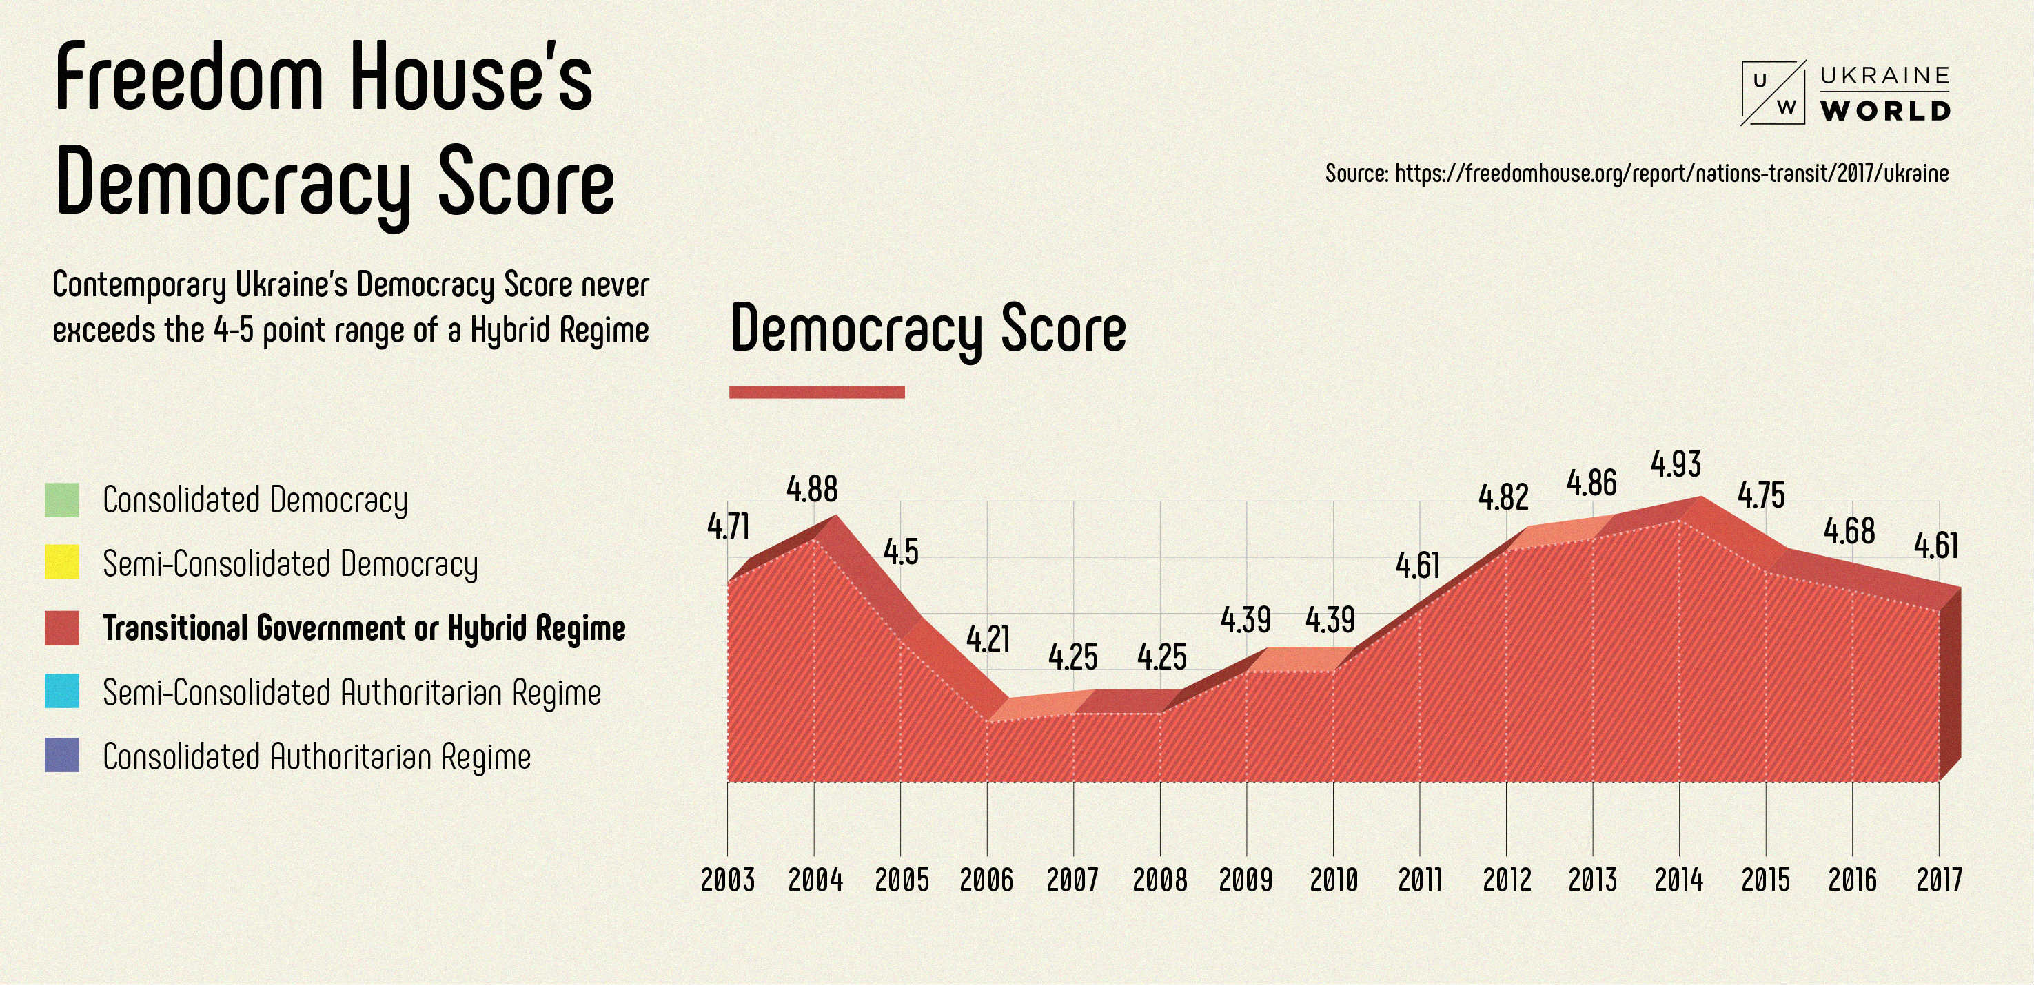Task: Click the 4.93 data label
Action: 1676,464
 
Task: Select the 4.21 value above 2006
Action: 988,639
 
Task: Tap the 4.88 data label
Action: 812,489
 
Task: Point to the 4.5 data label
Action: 901,552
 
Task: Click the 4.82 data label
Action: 1503,497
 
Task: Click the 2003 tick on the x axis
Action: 727,879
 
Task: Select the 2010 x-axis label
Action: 1334,879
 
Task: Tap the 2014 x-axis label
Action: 1678,879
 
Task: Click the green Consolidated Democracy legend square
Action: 61,500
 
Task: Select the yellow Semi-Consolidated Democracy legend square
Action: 61,563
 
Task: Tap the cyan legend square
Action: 61,692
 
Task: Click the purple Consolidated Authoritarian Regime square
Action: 61,756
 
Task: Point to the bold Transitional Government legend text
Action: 364,628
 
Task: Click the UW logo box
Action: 1773,93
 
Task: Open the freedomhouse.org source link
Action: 1671,174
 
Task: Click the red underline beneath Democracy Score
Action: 817,392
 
